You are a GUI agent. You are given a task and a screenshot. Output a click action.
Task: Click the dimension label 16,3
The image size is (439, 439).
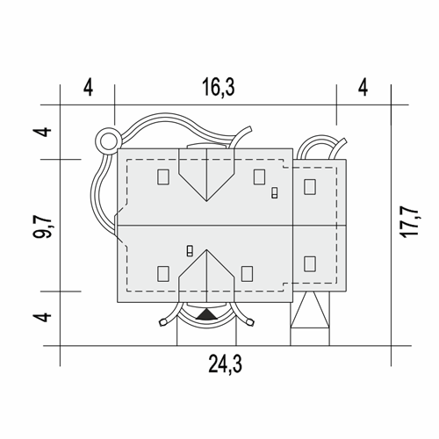point(219,88)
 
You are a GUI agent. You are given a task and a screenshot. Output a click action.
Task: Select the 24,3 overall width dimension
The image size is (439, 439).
point(225,364)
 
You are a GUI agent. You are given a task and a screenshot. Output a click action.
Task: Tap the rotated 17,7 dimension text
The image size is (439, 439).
point(410,222)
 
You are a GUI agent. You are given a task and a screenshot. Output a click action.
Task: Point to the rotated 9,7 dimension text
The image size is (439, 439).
point(42,227)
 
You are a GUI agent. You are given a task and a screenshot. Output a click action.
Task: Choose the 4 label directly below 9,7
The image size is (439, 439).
point(43,317)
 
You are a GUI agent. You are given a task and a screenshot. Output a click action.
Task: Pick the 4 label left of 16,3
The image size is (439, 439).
point(88,88)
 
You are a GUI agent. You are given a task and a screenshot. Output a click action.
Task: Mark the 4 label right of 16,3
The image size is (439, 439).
point(363,88)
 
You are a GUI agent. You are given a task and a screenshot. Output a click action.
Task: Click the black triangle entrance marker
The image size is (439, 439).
point(206,314)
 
